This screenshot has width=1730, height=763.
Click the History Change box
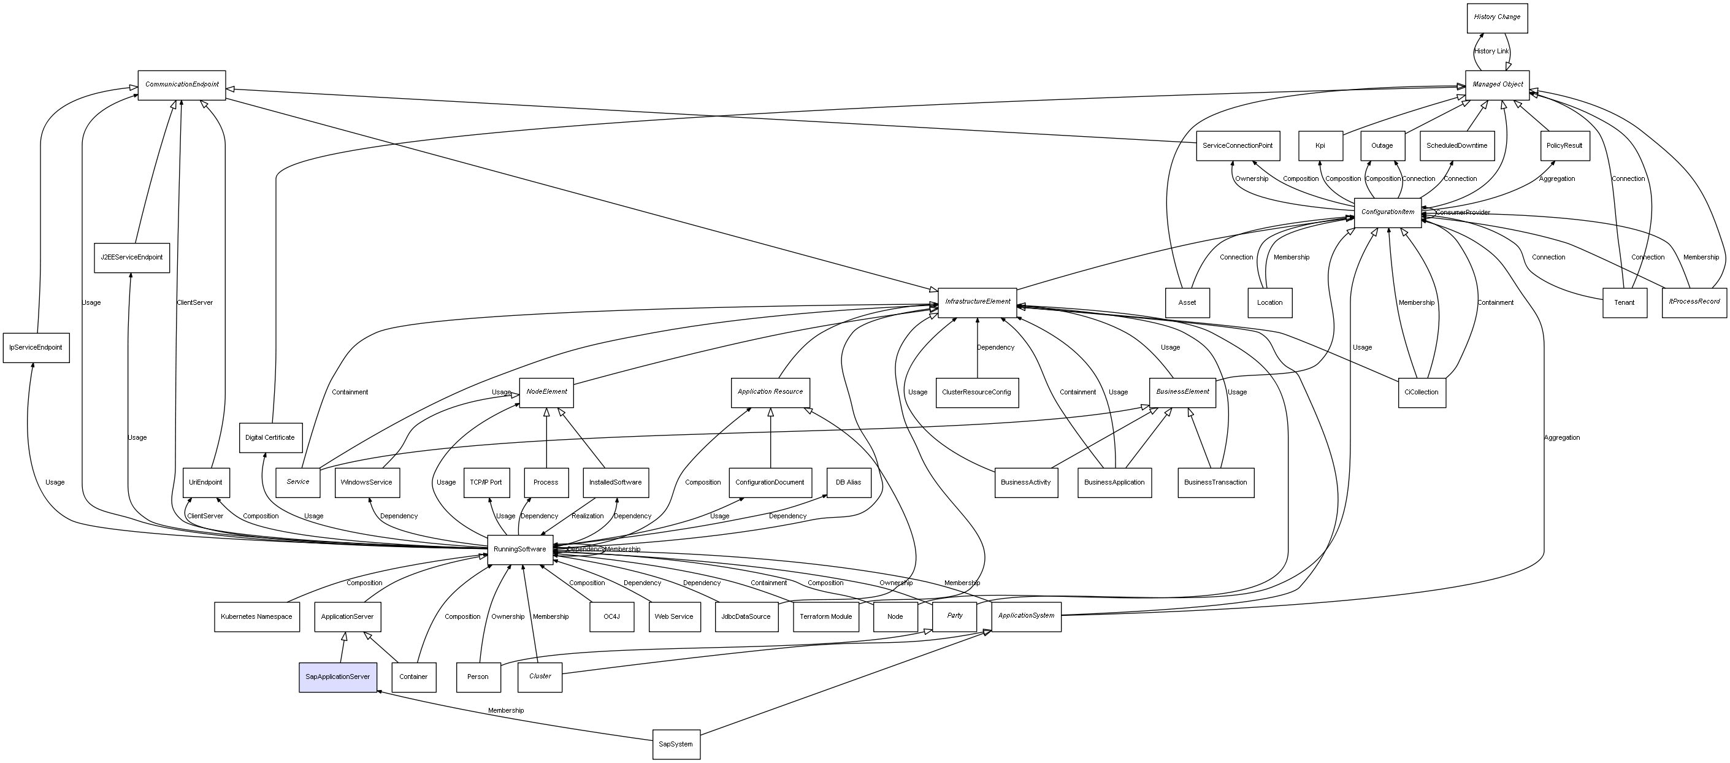click(x=1496, y=17)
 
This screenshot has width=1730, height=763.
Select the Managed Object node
click(x=1497, y=85)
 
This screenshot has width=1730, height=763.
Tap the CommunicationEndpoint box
click(x=182, y=85)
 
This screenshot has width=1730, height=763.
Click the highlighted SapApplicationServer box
click(x=337, y=677)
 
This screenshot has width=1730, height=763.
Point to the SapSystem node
click(x=676, y=744)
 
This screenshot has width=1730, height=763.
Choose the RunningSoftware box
click(x=520, y=550)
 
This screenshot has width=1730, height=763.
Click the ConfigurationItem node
click(x=1387, y=212)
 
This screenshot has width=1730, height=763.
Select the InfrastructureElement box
click(x=977, y=302)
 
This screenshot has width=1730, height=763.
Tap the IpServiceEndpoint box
click(x=36, y=348)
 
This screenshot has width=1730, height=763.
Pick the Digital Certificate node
click(x=270, y=438)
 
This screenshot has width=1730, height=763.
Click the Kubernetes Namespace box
click(x=256, y=616)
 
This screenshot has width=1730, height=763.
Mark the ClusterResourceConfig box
click(x=976, y=393)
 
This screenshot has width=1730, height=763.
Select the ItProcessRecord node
click(x=1694, y=302)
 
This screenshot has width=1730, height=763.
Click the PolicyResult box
click(x=1564, y=146)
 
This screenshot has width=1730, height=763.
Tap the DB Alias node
click(x=848, y=482)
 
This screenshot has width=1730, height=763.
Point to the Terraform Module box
click(x=826, y=616)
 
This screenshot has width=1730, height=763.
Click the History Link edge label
click(x=1491, y=51)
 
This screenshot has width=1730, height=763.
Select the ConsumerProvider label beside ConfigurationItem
click(x=1463, y=212)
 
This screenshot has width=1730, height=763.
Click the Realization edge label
click(x=588, y=516)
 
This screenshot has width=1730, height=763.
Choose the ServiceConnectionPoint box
click(x=1238, y=146)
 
